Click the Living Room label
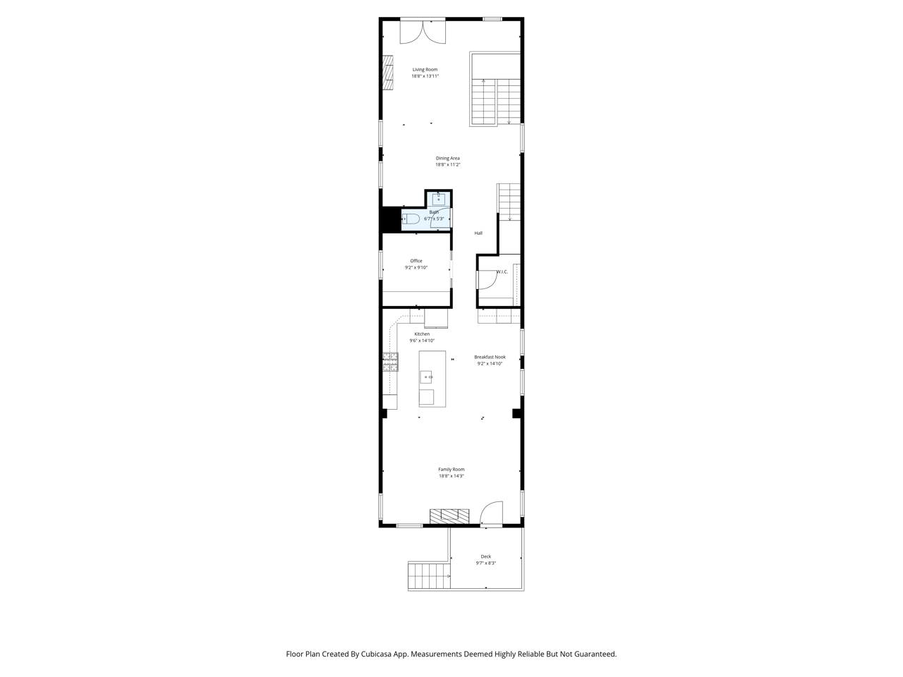coord(425,70)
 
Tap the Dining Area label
coord(447,159)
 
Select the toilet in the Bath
coord(411,219)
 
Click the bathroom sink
coord(438,200)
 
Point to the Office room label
coord(416,261)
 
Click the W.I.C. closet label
coord(502,272)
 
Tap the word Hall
coord(478,233)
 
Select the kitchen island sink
coord(426,377)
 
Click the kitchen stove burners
coord(390,362)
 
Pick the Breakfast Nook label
coord(490,358)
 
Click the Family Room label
coord(451,470)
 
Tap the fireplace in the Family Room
coord(449,516)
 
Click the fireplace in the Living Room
coord(387,73)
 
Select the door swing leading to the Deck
coord(491,513)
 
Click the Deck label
coord(486,556)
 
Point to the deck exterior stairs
coord(429,576)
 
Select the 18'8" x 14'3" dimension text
coord(451,477)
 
